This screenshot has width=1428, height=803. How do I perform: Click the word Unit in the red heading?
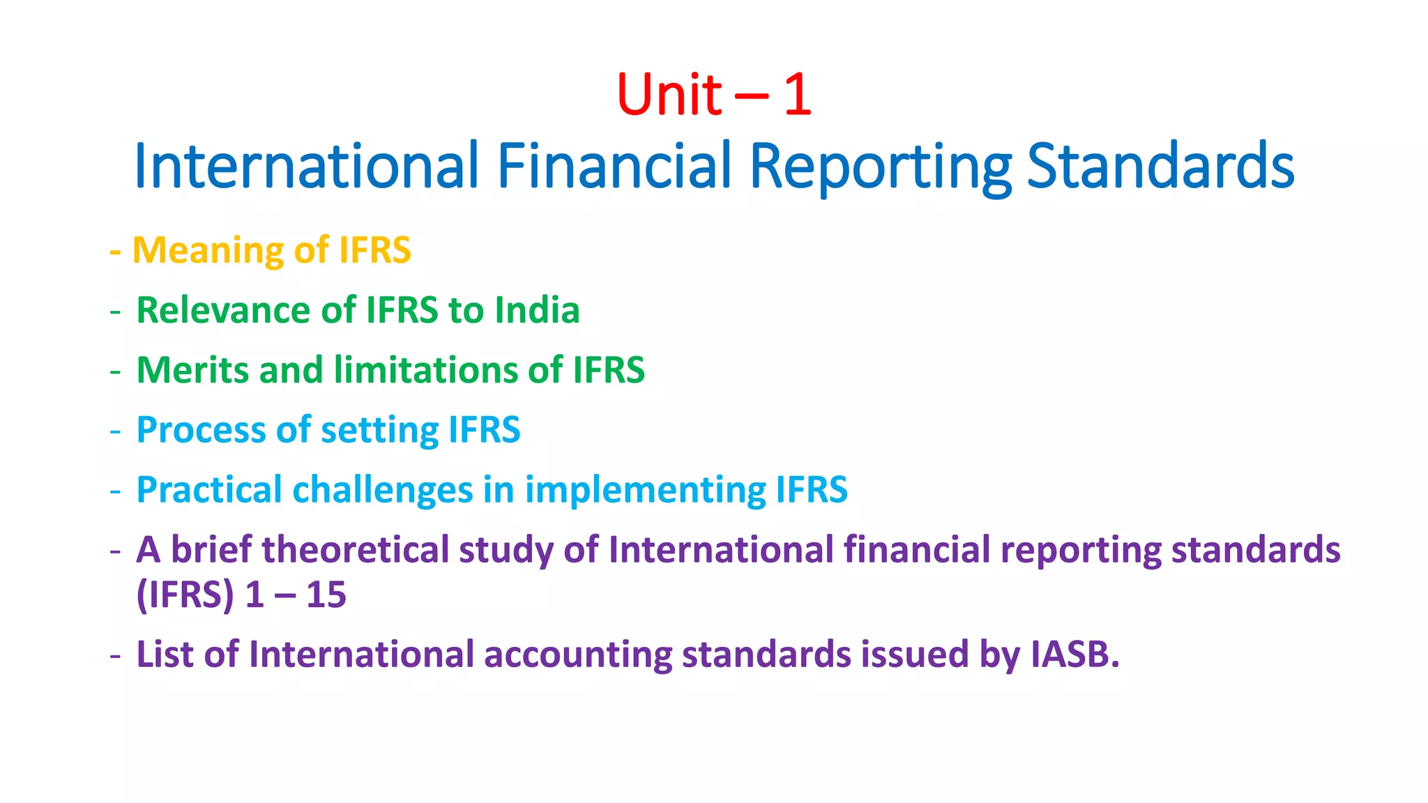click(669, 95)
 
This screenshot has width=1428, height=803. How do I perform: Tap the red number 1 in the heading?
click(798, 95)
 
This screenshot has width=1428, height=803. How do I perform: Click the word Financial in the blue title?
click(614, 166)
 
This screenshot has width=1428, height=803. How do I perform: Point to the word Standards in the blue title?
click(1160, 166)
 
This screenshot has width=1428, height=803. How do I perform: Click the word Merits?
click(192, 370)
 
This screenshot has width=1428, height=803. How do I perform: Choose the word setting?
click(379, 430)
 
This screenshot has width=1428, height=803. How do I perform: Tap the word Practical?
click(209, 490)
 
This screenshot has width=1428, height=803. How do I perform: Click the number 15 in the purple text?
click(326, 595)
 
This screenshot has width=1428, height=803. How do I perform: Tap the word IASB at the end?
click(1074, 655)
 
